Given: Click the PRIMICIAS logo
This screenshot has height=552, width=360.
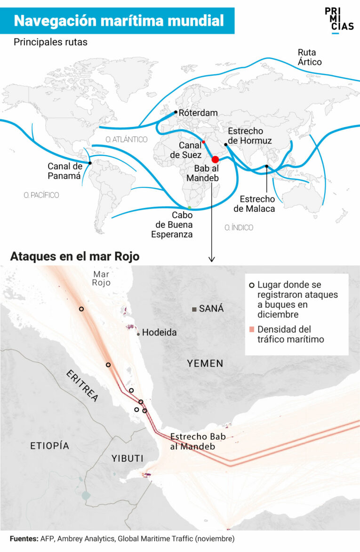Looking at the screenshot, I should pos(339,20).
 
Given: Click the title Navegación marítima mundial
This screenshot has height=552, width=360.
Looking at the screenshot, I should pos(119,21).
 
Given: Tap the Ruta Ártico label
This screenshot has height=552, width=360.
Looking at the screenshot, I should pos(309,57).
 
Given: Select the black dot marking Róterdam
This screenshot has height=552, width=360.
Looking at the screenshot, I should pos(176,112).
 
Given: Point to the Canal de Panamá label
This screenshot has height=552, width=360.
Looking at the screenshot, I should pos(65,171).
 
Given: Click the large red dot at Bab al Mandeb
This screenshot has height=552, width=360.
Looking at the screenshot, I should pos(216,160).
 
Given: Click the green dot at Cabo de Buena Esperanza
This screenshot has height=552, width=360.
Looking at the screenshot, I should pos(189,208).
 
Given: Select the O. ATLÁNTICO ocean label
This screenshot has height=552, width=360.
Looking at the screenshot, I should pos(127,139).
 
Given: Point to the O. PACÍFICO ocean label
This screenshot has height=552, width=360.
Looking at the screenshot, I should pos(41,195).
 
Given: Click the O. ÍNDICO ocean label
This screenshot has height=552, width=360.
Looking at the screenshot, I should pos(239,228).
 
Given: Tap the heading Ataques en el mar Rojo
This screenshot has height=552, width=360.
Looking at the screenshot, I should pos(75,257).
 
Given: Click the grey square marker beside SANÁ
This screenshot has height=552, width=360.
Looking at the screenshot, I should pos(194,309).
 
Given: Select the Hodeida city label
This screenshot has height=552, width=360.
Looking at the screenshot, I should pos(159,333).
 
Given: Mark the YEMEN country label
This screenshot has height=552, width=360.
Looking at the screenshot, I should pos(205,363).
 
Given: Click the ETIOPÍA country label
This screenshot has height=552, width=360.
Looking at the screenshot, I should pos(49,445).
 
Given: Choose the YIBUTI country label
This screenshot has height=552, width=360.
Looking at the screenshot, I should pos(128,458).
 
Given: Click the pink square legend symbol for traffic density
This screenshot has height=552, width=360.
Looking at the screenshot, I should pos(252,329).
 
